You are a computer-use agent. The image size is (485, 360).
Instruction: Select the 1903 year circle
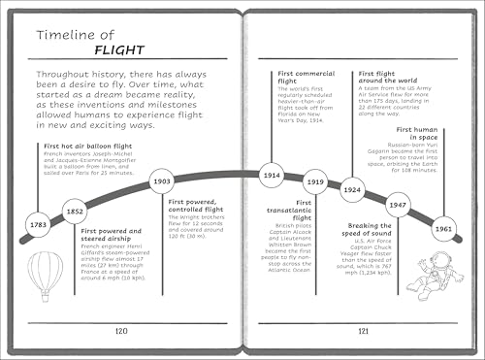[162, 180]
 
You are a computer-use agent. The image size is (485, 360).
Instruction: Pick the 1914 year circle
[273, 175]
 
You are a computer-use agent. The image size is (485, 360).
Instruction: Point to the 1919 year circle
[315, 181]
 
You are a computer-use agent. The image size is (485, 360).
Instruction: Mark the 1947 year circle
[397, 206]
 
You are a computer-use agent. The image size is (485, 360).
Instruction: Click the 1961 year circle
[443, 228]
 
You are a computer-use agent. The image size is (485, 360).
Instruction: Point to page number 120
[121, 329]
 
